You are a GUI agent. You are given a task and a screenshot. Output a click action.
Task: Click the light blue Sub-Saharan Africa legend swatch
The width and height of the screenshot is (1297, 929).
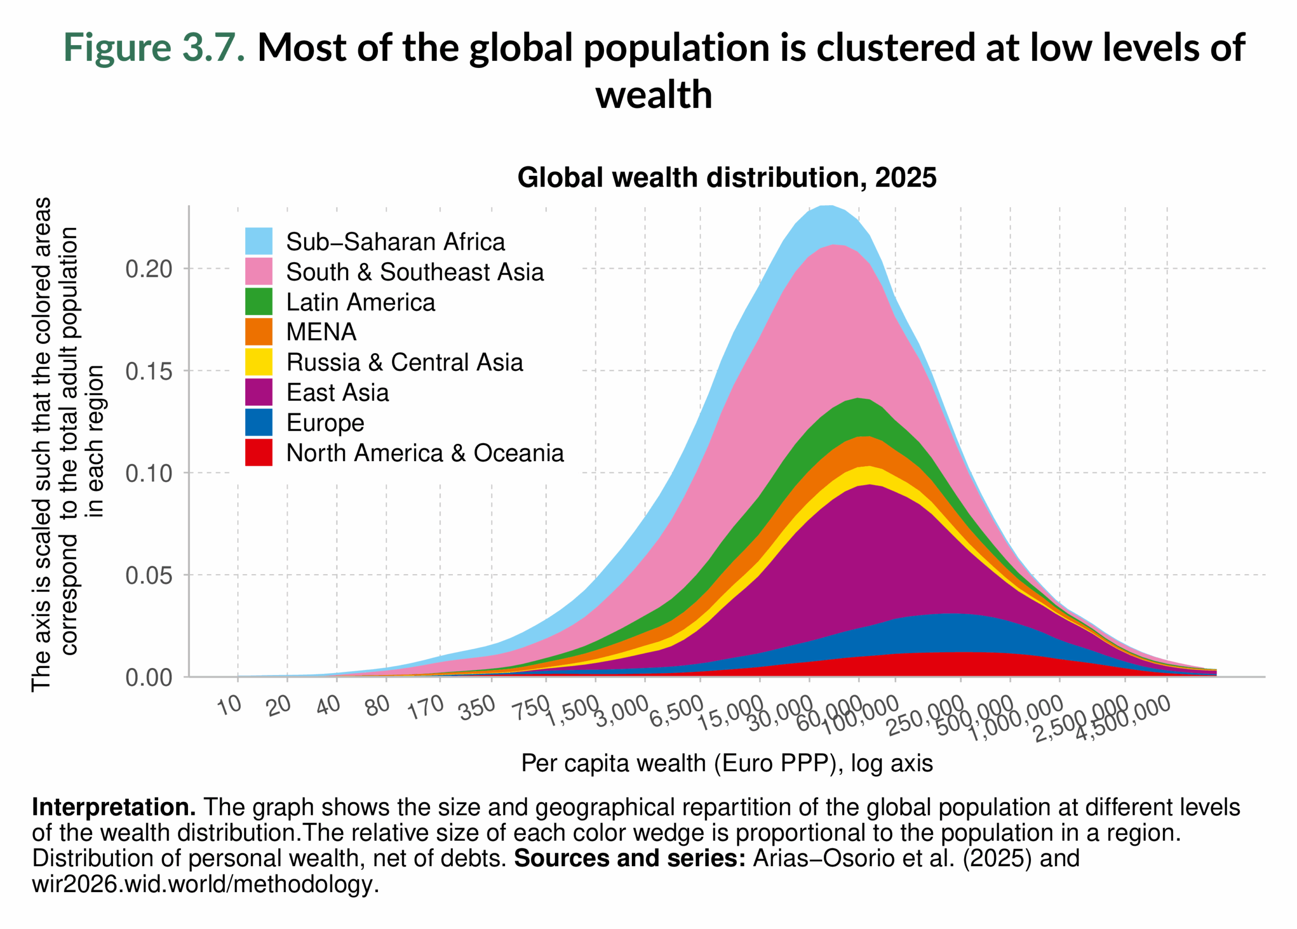pos(258,241)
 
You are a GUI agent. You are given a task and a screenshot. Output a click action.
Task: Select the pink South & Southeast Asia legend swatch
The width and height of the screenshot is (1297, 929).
pos(258,271)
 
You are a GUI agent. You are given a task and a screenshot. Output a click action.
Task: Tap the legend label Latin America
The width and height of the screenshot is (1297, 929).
pos(360,302)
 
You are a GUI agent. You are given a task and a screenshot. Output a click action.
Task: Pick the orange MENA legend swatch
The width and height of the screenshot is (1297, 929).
pos(258,332)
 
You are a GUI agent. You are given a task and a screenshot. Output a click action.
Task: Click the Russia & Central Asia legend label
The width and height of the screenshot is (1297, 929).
pos(404,362)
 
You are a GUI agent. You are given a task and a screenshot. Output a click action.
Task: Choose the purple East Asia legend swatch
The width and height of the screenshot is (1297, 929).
pos(258,392)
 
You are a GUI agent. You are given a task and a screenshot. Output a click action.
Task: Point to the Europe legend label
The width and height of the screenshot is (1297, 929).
pos(325,423)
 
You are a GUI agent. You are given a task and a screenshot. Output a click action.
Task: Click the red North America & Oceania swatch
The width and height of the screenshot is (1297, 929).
pos(258,453)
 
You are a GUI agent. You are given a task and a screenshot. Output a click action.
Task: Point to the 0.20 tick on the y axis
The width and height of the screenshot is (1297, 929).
pos(148,269)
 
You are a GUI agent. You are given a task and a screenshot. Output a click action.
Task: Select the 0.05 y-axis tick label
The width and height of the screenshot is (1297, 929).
pos(148,575)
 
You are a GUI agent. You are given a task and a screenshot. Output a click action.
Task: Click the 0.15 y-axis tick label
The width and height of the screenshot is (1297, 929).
pos(148,371)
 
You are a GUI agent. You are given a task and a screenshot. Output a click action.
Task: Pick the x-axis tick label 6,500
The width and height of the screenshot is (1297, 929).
pos(676,712)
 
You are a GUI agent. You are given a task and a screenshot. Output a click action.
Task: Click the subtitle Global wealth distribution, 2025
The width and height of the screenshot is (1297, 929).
pos(727,177)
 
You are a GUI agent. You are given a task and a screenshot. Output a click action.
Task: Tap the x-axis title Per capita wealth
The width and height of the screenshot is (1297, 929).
pos(727,763)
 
